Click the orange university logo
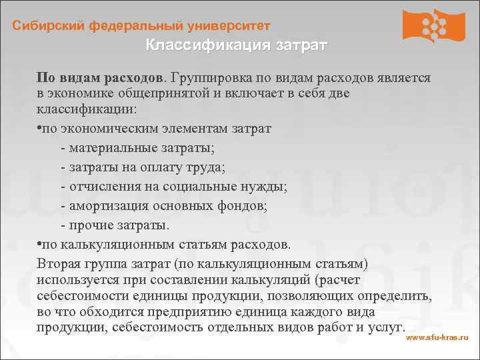coord(434,25)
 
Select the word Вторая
coord(59,263)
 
